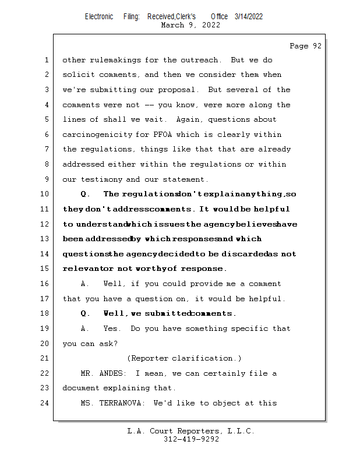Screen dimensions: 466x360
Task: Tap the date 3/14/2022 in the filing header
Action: [249, 17]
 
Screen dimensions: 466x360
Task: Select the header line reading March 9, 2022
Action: [190, 25]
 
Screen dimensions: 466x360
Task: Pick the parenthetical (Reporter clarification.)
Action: [184, 358]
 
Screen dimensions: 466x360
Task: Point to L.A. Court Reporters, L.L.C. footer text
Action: [191, 431]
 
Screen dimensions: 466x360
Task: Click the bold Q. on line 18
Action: [85, 313]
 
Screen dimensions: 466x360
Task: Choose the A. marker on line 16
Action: [85, 284]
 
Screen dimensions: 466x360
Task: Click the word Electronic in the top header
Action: [99, 17]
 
